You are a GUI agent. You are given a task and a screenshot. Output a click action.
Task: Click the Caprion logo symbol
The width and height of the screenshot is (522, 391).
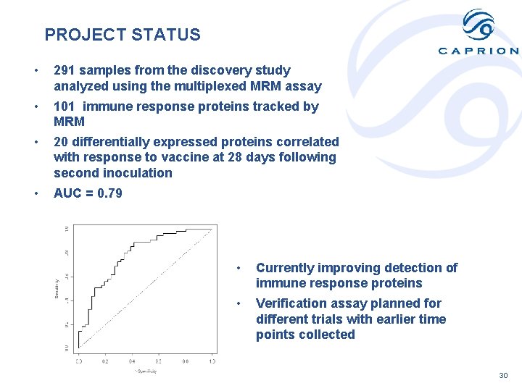tap(478, 25)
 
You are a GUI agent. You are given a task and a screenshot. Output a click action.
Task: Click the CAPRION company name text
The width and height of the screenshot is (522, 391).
tap(478, 51)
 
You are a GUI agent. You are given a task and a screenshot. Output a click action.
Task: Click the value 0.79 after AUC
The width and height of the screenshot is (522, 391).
tap(109, 193)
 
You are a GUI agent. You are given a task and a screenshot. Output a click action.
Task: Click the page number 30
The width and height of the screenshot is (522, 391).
tap(504, 376)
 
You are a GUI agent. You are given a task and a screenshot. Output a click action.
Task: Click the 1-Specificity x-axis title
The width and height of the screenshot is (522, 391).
tap(145, 371)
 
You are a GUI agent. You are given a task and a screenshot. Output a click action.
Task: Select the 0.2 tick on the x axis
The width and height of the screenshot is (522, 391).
tap(105, 361)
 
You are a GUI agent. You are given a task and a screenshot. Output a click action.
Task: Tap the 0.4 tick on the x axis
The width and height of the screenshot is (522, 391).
tap(132, 361)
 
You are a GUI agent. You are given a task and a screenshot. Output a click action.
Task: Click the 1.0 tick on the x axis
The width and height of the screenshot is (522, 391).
tap(212, 361)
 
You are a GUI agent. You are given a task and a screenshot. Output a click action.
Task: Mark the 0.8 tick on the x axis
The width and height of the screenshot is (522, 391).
tap(186, 361)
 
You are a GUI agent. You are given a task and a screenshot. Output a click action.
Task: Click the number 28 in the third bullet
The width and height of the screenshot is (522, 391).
tap(244, 157)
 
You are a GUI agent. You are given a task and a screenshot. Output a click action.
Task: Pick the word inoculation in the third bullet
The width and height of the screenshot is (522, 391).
tap(138, 173)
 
